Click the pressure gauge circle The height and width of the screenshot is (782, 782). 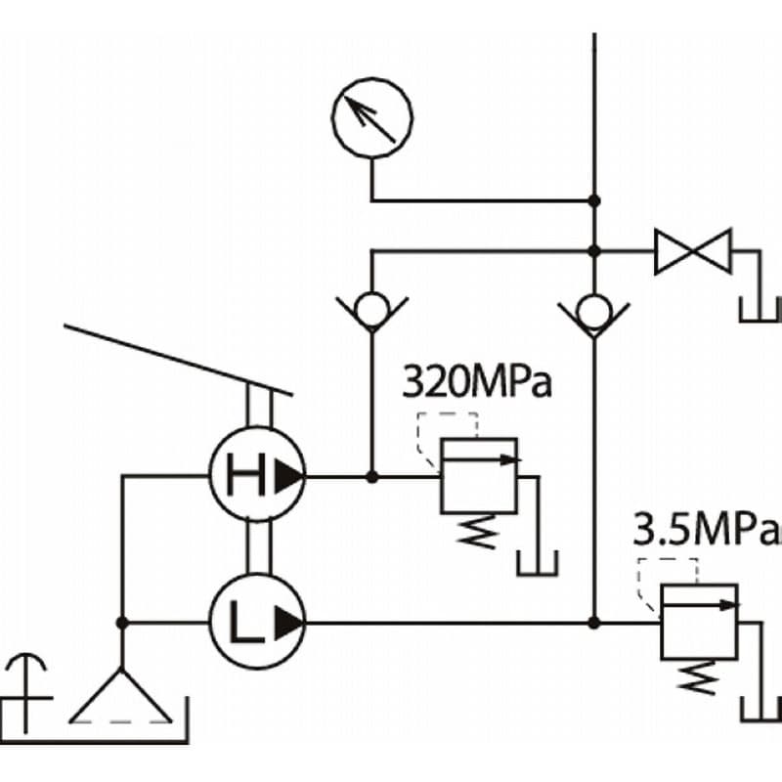(x=372, y=80)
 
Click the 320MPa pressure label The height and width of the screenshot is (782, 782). (x=477, y=382)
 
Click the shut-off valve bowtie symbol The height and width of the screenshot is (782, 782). (x=693, y=251)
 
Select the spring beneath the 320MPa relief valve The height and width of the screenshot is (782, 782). (x=478, y=532)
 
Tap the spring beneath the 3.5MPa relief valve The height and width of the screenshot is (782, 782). (x=699, y=677)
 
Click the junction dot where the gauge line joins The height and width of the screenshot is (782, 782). (x=594, y=201)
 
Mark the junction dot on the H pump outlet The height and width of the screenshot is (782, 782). (x=372, y=477)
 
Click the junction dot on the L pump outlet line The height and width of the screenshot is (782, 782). (x=594, y=623)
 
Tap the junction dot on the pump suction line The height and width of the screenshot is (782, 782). (x=121, y=623)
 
